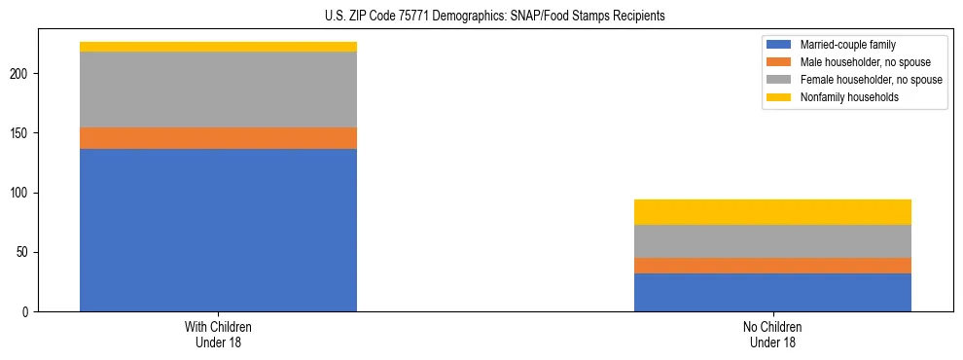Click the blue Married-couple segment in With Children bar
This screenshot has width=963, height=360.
(218, 230)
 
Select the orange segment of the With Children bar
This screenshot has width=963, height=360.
(218, 138)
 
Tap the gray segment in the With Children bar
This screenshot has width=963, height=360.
(218, 90)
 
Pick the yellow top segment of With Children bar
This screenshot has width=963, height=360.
(218, 47)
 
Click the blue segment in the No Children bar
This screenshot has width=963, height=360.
(772, 292)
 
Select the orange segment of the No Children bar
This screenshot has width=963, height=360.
(772, 266)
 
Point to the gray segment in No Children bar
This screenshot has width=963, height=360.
(772, 241)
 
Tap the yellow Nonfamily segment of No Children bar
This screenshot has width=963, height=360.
(772, 212)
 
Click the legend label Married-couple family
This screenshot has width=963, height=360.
(847, 45)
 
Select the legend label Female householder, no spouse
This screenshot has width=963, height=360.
(871, 80)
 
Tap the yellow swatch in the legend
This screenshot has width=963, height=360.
(779, 97)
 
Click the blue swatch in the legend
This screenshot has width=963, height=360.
(779, 45)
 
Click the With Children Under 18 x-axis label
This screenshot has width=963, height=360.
(218, 334)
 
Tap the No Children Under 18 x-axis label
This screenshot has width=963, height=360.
(772, 334)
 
